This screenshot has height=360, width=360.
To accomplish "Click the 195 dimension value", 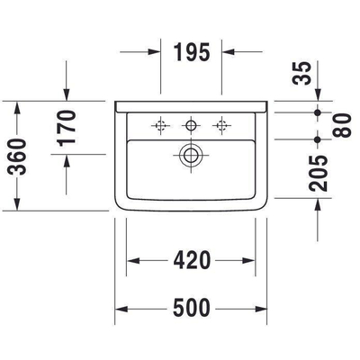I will tap(191, 51).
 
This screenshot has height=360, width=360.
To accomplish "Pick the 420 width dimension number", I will tap(191, 261).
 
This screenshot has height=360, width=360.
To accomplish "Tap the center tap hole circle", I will tap(190, 124).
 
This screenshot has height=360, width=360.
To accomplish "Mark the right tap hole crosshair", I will tap(218, 124).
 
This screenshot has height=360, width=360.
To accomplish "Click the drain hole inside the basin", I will tap(190, 154).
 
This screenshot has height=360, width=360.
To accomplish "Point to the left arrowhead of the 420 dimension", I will tap(131, 262).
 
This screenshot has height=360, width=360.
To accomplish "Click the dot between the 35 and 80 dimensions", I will tap(317, 112).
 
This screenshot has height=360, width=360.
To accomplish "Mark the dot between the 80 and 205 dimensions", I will tap(317, 140).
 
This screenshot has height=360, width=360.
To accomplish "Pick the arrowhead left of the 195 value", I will tap(153, 51).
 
